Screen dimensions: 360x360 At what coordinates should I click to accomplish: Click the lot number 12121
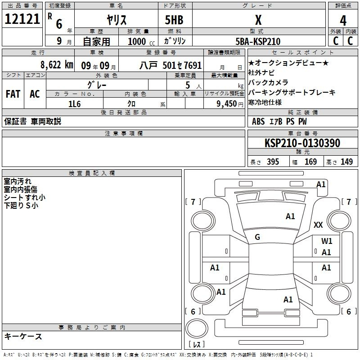pos(21,19)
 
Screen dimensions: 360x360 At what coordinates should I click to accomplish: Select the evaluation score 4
pos(343,21)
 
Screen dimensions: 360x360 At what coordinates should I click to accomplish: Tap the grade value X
pos(258,20)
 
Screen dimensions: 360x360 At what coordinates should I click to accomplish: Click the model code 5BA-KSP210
pos(258,41)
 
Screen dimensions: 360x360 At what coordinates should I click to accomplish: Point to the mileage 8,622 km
pos(56,64)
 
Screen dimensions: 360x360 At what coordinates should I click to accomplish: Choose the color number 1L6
pos(74,103)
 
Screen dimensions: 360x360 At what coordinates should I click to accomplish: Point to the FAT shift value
pos(13,94)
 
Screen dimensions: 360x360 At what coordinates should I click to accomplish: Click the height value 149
pos(346,162)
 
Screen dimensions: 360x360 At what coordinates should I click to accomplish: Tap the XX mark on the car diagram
pos(318,225)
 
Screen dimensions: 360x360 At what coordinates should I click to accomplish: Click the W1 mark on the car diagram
pos(327,241)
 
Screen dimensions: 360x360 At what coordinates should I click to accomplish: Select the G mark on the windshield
pos(257,237)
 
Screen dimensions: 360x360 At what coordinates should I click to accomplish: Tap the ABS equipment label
pos(258,121)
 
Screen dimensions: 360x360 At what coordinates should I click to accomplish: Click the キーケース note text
pos(23,336)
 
